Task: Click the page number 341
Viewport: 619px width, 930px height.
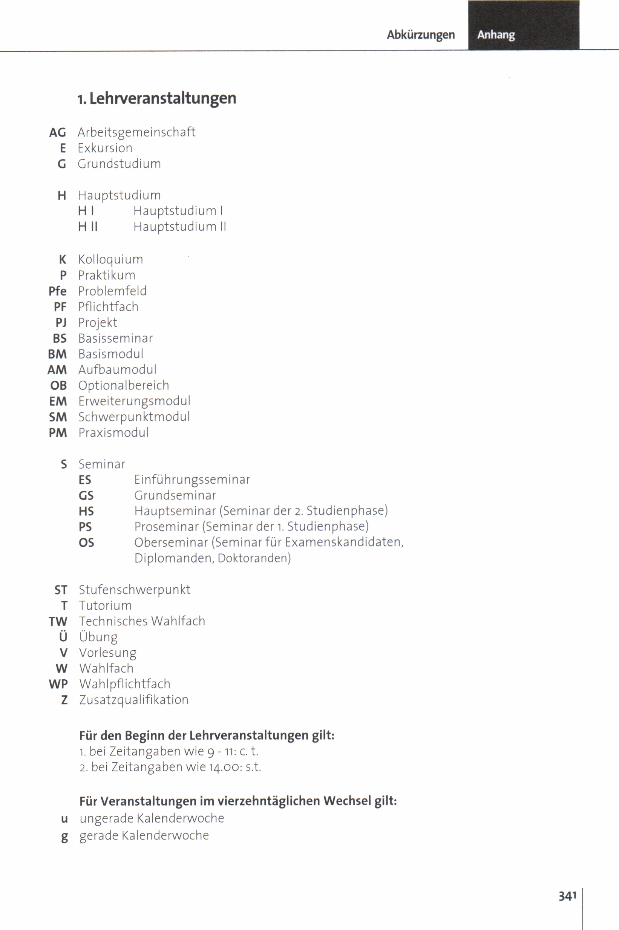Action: click(x=567, y=896)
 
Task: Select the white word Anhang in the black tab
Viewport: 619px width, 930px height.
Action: click(x=496, y=35)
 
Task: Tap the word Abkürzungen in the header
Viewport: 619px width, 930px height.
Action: click(x=420, y=35)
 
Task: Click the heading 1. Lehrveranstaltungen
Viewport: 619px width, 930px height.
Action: click(x=157, y=98)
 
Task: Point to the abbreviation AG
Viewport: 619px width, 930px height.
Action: click(x=58, y=133)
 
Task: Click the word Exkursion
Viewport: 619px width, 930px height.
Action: click(x=105, y=148)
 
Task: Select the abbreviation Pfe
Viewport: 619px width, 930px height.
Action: click(x=58, y=291)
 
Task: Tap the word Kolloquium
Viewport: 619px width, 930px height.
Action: click(x=110, y=260)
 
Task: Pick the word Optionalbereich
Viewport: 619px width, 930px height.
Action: click(x=124, y=386)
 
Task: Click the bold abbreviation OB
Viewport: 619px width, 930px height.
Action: click(x=58, y=386)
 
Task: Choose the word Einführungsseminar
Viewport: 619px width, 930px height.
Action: click(x=192, y=480)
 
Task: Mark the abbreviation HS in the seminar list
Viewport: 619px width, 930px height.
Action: click(x=86, y=512)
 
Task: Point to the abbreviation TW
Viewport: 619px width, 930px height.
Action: click(x=58, y=622)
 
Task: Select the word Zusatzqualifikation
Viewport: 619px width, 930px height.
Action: click(x=134, y=700)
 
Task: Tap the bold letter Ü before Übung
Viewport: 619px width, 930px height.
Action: click(x=63, y=637)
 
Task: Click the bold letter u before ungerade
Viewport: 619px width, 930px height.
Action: click(x=64, y=819)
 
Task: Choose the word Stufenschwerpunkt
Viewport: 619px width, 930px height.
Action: click(x=135, y=590)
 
